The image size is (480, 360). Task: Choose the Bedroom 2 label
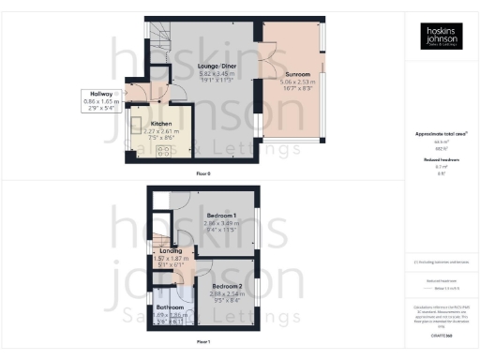226,284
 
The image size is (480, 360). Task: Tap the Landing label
172,250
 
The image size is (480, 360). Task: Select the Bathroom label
170,307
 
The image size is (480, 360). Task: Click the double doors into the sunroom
265,68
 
